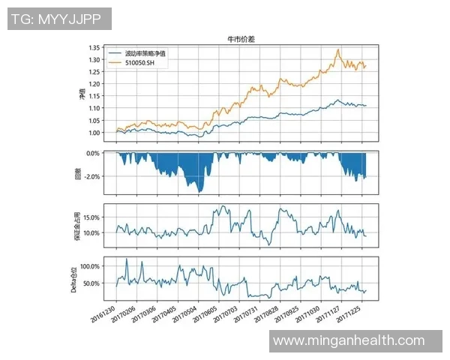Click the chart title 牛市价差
point(241,38)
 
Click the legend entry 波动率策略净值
point(145,54)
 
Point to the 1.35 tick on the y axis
point(94,48)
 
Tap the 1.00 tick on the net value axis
point(94,133)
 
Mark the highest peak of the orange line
point(339,49)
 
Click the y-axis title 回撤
point(79,172)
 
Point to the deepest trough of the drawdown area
point(199,192)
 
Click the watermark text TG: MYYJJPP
point(59,19)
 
